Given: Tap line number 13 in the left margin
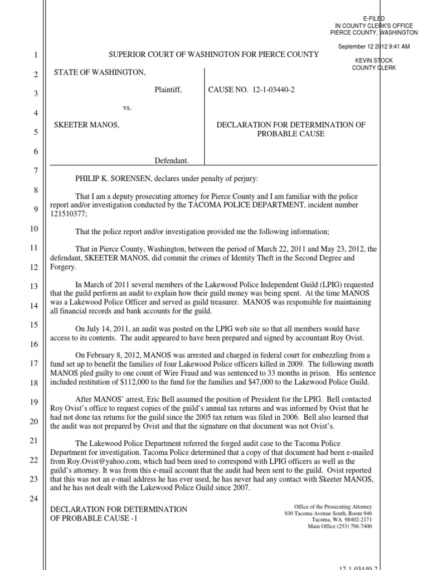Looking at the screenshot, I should [33, 287].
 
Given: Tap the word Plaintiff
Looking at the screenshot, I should [168, 90].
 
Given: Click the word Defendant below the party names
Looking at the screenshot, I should [172, 161].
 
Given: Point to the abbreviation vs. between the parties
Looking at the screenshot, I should [128, 107].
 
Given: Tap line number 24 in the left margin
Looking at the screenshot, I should [33, 499].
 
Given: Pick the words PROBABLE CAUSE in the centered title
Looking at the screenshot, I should [291, 134].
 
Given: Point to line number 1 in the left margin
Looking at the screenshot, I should [34, 55].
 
